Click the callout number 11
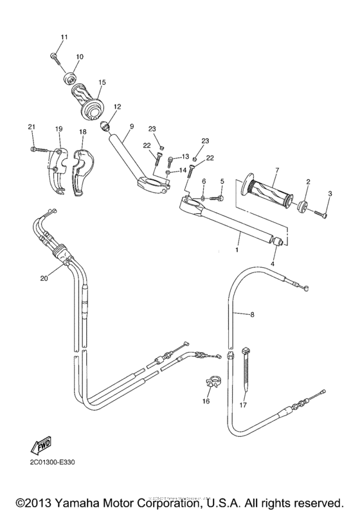[64, 38]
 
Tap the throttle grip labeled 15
[90, 102]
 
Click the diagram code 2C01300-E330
[56, 461]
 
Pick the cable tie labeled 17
[248, 373]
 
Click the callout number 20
[44, 278]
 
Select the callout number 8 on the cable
[252, 315]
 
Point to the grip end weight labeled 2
[299, 205]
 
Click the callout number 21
[30, 127]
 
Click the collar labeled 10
[69, 79]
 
